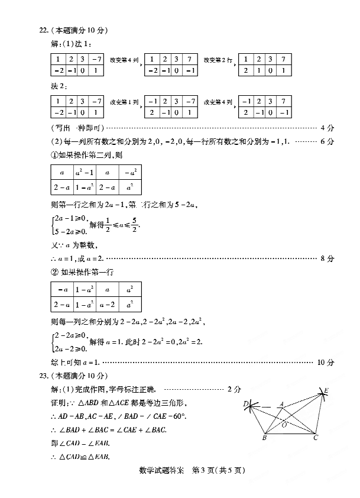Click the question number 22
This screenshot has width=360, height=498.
[42, 30]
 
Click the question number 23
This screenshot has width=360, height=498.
[42, 376]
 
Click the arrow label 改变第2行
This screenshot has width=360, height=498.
[218, 60]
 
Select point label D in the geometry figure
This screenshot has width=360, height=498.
[245, 403]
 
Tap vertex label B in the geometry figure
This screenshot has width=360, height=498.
[264, 439]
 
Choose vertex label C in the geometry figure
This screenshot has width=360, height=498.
[316, 438]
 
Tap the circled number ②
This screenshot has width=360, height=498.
[55, 271]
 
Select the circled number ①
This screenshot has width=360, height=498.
[55, 156]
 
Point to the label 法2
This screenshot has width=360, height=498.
[58, 86]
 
